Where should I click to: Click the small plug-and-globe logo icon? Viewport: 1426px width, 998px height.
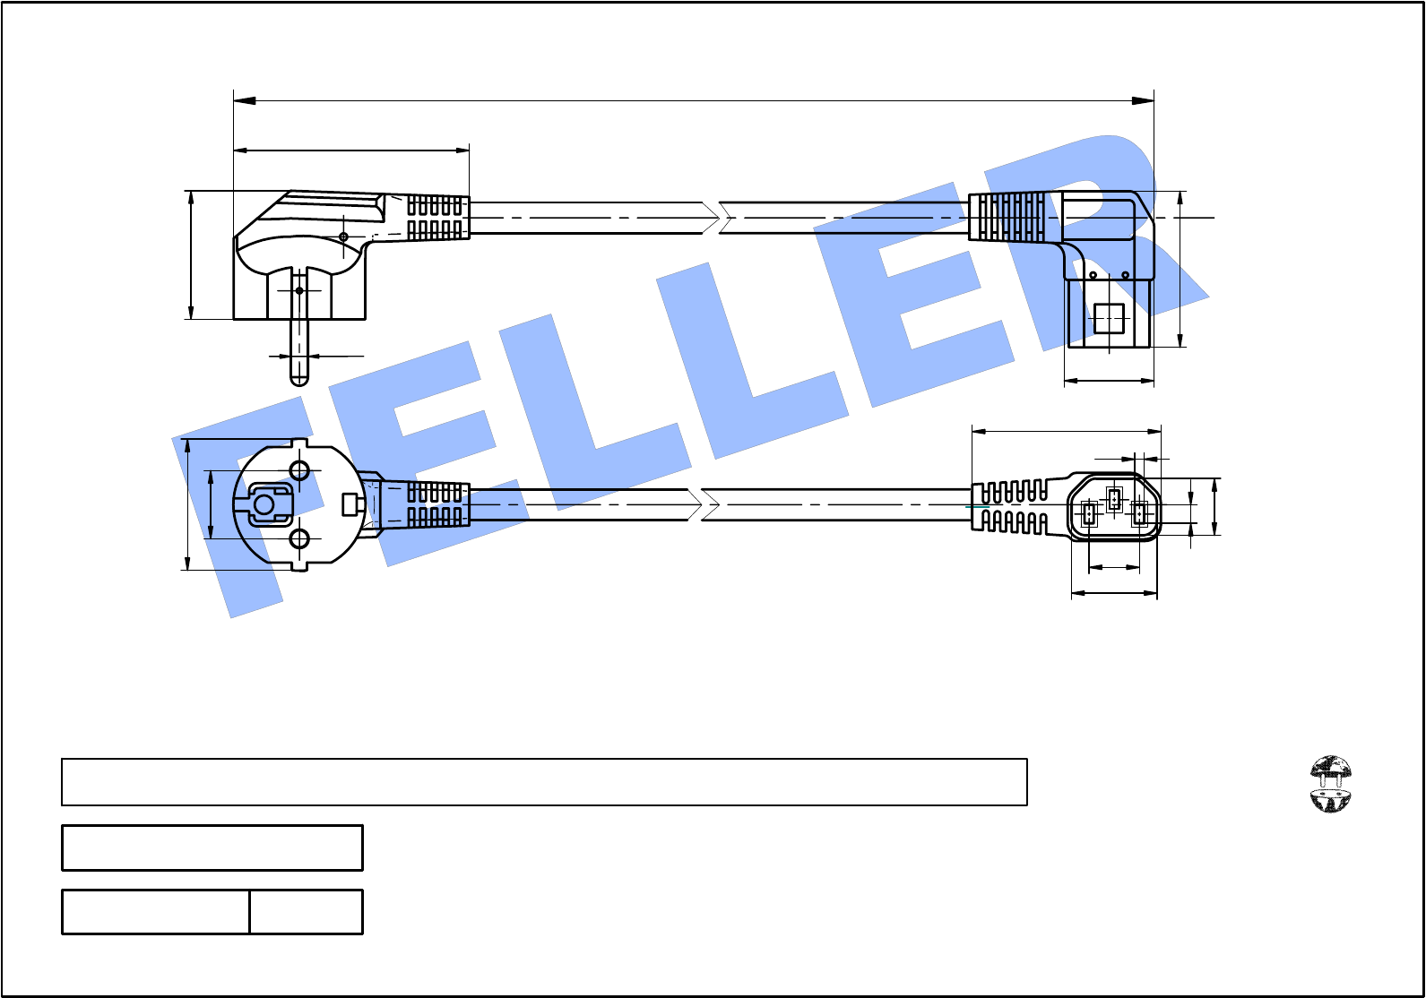1330,784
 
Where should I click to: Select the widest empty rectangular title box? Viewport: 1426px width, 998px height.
544,781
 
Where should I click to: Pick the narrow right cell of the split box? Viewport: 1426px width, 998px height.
307,911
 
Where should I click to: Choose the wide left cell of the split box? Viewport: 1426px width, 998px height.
155,911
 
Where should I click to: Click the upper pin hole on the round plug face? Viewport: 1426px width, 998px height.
299,471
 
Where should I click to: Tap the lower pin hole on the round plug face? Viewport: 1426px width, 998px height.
299,539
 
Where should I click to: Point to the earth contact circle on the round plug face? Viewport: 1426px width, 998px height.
264,504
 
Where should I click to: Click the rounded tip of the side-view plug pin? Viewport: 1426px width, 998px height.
299,381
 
